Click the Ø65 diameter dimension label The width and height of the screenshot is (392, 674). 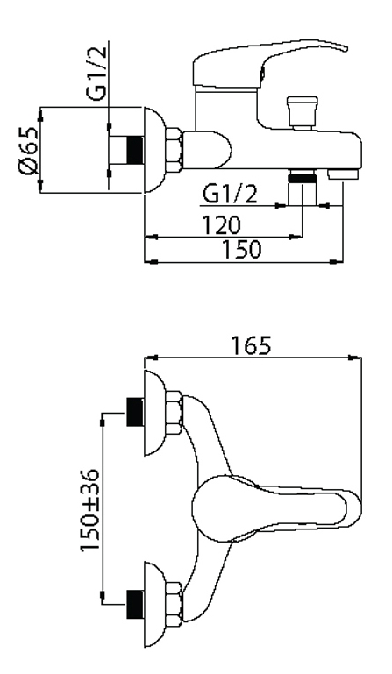(x=28, y=152)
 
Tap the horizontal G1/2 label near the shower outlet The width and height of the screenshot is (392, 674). (x=231, y=194)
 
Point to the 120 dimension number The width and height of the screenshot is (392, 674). (x=222, y=224)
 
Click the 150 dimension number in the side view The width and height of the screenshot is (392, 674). (x=241, y=249)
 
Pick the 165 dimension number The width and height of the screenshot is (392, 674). (x=252, y=345)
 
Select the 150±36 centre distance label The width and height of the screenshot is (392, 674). (x=90, y=510)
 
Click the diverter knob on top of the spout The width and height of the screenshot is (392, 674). (x=302, y=112)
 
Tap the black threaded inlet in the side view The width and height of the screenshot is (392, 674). (x=135, y=150)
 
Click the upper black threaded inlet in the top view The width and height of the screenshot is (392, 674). (x=135, y=412)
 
